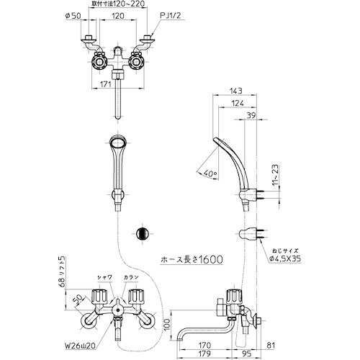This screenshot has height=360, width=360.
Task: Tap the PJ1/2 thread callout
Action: pyautogui.click(x=171, y=14)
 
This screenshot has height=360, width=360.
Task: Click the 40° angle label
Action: pyautogui.click(x=210, y=174)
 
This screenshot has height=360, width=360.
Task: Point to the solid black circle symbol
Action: pyautogui.click(x=142, y=235)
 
